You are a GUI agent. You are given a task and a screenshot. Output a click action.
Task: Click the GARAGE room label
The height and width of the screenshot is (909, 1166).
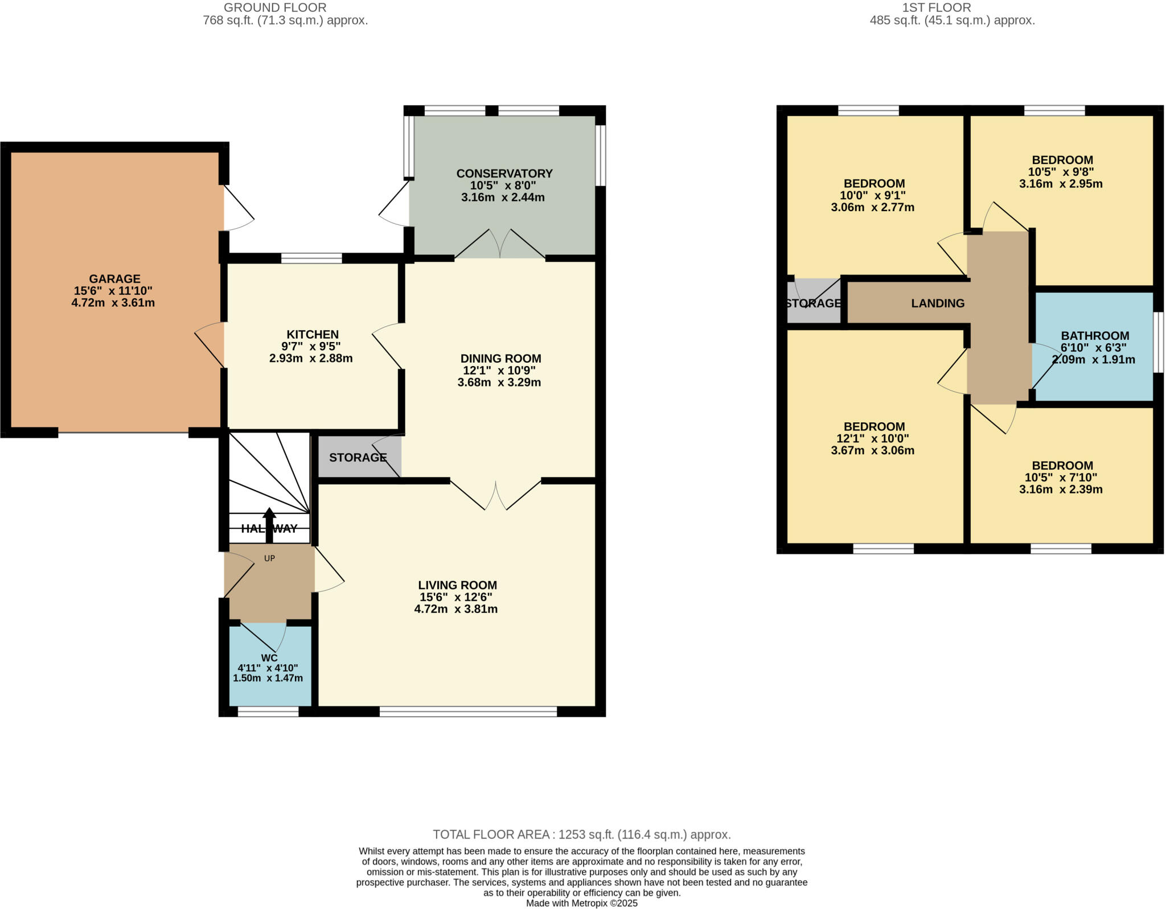tap(114, 279)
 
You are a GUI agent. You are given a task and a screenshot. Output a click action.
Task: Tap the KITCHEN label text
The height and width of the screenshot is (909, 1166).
tap(313, 335)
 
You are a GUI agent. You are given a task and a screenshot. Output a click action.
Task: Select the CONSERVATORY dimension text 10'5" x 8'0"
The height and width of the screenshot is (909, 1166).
tap(503, 186)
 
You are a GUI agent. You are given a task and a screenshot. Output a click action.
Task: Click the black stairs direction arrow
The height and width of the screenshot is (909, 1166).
tap(269, 524)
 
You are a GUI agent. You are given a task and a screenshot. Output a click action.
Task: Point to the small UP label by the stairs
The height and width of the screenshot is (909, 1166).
tap(269, 558)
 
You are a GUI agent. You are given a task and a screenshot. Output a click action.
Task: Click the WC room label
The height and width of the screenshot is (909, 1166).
tap(269, 658)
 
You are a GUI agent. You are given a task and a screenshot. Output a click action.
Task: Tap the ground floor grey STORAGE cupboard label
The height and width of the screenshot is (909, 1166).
tap(358, 458)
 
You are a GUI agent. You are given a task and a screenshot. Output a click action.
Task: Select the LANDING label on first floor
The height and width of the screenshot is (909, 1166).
tap(938, 303)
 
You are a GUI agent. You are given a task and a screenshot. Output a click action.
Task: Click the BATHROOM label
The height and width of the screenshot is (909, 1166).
tap(1095, 336)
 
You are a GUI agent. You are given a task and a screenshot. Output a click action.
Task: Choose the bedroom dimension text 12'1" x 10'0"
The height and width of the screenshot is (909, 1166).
tap(873, 439)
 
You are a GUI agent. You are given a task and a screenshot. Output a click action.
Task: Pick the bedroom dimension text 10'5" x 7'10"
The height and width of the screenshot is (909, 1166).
tap(1061, 478)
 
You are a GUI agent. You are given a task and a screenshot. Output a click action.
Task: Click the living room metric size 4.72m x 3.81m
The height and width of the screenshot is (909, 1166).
tap(456, 609)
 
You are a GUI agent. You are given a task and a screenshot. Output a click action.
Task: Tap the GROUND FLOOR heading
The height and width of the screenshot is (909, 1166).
tap(275, 8)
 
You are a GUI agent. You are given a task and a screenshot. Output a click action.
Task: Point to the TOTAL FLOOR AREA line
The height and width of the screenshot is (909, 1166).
tap(581, 834)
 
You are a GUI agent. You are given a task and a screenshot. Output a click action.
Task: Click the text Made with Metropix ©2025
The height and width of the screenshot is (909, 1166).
tap(581, 903)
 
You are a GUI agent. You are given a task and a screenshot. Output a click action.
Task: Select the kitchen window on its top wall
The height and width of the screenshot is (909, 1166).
tap(311, 258)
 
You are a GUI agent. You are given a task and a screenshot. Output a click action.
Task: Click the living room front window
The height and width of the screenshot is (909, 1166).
tap(468, 711)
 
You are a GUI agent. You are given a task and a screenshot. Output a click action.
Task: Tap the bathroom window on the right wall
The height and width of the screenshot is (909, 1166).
tap(1158, 342)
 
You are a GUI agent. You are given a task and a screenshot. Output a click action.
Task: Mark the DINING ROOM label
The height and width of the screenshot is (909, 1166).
tap(500, 359)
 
